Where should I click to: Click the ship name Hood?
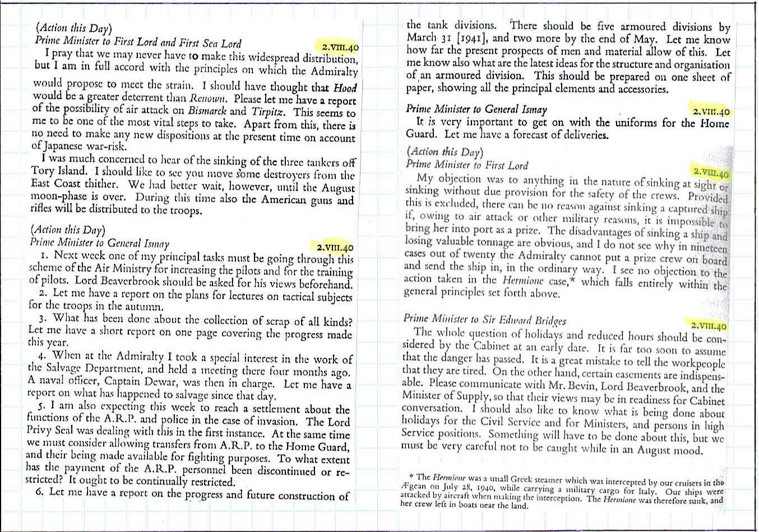pos(345,88)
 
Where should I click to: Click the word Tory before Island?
pos(43,171)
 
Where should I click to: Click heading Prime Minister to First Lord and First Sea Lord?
pos(138,43)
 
